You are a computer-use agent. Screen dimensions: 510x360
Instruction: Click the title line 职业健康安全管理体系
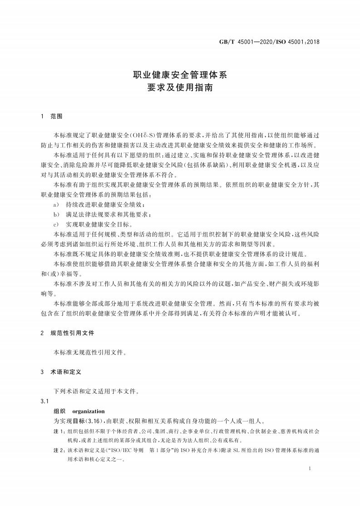179,74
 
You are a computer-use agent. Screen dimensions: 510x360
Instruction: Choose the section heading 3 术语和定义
61,371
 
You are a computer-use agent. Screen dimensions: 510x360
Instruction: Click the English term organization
89,411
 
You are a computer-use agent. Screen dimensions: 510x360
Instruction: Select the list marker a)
56,204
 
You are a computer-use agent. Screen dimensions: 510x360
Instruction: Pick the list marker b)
56,214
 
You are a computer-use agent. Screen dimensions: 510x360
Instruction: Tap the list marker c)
56,224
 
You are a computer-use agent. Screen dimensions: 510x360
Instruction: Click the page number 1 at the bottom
309,468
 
